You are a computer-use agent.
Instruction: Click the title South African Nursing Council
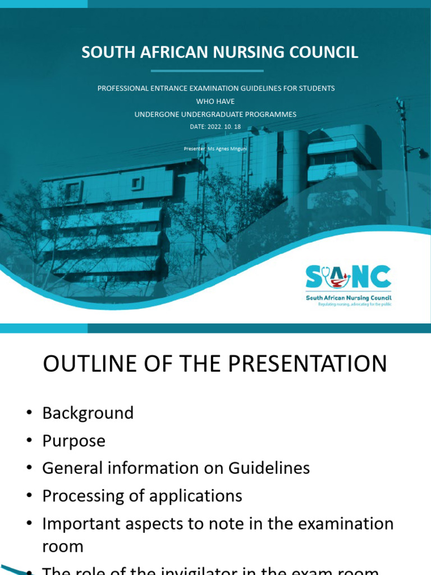point(219,52)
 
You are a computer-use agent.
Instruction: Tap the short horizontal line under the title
point(207,71)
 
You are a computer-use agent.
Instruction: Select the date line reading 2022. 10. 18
point(215,127)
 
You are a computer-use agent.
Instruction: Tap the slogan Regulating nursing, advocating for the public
point(355,304)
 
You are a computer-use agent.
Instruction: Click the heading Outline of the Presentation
point(215,364)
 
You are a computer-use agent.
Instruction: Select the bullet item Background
point(88,413)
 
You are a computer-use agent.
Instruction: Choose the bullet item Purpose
point(74,441)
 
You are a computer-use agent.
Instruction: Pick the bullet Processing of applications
point(142,496)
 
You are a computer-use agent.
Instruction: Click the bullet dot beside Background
point(29,414)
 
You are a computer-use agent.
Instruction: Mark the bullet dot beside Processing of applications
point(29,496)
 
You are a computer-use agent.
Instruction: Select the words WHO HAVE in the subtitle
point(215,102)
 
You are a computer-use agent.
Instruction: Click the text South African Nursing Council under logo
point(349,298)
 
